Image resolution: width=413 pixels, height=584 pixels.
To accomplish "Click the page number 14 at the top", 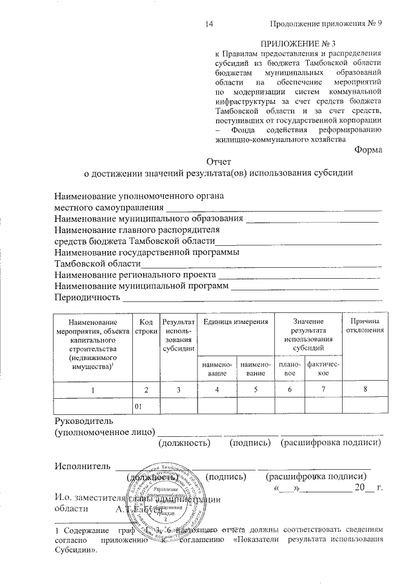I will [x=208, y=24].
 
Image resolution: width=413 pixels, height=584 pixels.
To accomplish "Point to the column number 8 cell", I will [x=366, y=390].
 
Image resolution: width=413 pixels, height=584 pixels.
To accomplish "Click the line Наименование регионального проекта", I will [x=136, y=275].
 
